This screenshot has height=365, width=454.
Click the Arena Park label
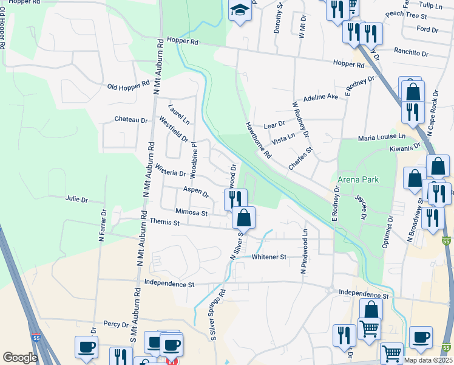(x=358, y=180)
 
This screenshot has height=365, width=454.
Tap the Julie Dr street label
(x=76, y=199)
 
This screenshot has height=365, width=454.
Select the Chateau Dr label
(x=132, y=120)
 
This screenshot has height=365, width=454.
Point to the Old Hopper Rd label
(x=129, y=86)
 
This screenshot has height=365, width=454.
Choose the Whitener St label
(x=269, y=257)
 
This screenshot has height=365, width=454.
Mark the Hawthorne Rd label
(x=258, y=139)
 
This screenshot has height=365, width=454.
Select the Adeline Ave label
(x=320, y=97)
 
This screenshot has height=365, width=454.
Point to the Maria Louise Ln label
(x=381, y=138)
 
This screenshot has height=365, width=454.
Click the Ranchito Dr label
(x=412, y=52)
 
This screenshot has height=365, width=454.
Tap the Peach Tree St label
(x=403, y=14)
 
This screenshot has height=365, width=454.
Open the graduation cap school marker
(x=240, y=11)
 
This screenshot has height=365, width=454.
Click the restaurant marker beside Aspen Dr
(x=235, y=199)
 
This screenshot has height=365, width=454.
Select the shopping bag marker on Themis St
(x=243, y=217)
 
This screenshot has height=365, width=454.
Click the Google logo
(x=20, y=358)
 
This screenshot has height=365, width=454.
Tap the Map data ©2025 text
(x=427, y=360)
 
